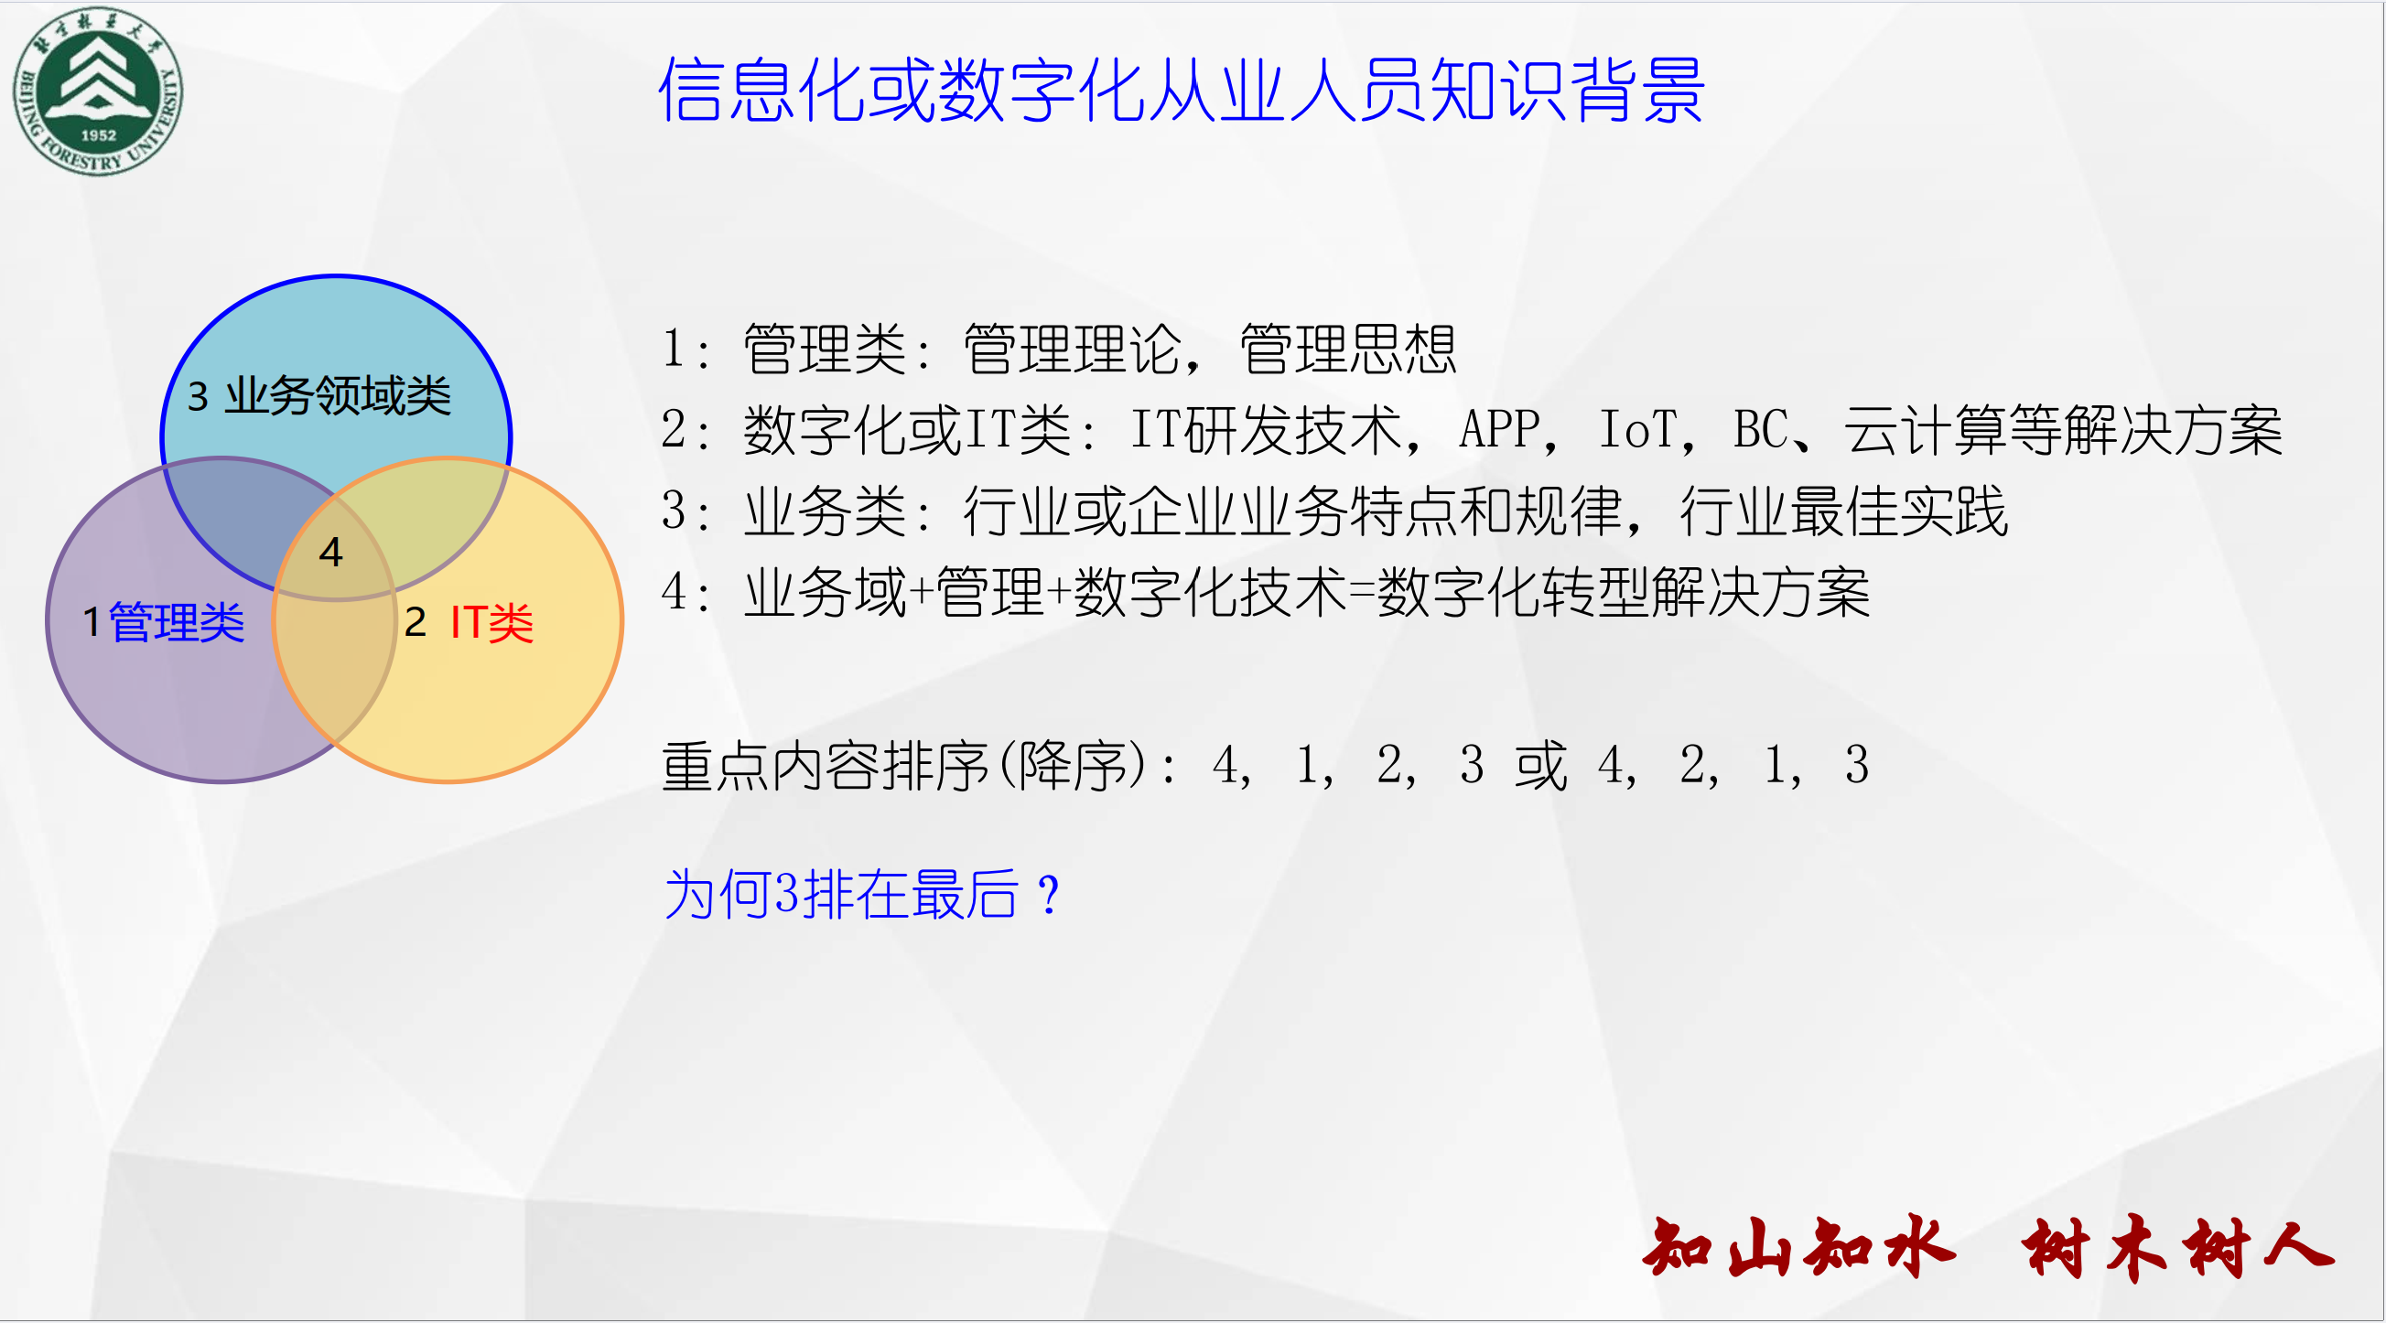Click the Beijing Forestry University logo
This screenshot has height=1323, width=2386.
[x=98, y=91]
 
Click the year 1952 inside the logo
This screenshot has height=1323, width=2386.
[x=98, y=135]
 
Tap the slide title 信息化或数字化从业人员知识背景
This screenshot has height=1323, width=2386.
[x=1181, y=90]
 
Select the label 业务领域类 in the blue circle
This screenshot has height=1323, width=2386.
[x=338, y=396]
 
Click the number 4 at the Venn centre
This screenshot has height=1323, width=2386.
[x=330, y=553]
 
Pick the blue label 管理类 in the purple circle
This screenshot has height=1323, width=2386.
[x=177, y=622]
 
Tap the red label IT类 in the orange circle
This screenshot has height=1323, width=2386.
[x=491, y=622]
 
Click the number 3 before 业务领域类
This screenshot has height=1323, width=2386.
[x=198, y=397]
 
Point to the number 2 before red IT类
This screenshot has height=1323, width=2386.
[x=415, y=623]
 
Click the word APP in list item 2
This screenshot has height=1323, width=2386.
[x=1499, y=430]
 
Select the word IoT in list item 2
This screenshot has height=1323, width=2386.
[x=1637, y=430]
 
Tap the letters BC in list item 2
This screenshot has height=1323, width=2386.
[x=1761, y=430]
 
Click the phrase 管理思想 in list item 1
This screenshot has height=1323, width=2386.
[x=1348, y=349]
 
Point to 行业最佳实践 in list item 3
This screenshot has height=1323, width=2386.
[x=1843, y=511]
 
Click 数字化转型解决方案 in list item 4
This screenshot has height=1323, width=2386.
[x=1624, y=593]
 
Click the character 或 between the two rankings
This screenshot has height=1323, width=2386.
[x=1540, y=766]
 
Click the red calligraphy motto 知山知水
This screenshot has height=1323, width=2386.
[x=1798, y=1249]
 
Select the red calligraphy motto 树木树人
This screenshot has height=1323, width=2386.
[x=2177, y=1249]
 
